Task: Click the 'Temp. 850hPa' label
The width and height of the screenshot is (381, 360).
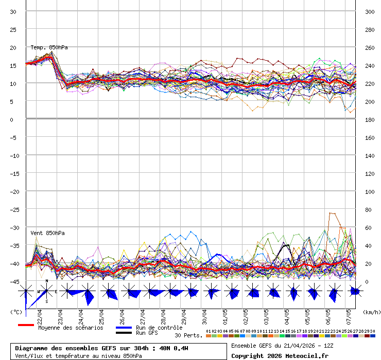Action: (x=49, y=47)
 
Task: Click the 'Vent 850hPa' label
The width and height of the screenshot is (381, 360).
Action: (x=47, y=233)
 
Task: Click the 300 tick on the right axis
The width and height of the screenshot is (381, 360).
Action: (x=370, y=11)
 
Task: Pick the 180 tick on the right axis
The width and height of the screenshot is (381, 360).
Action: (x=370, y=119)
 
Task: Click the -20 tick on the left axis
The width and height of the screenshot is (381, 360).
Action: (x=15, y=191)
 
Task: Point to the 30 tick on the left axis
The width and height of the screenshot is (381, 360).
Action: (x=13, y=11)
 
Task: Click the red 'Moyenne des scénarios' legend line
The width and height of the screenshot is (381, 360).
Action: (x=26, y=325)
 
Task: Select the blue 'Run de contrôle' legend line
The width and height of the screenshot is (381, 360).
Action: (x=124, y=328)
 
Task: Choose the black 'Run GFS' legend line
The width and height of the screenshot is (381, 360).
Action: (x=124, y=333)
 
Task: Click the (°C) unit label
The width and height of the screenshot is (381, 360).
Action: (x=16, y=312)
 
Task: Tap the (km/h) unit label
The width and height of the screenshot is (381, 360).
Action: (x=371, y=312)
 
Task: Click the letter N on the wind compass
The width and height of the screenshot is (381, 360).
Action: (x=47, y=281)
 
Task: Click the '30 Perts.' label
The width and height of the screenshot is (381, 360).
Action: (x=188, y=335)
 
